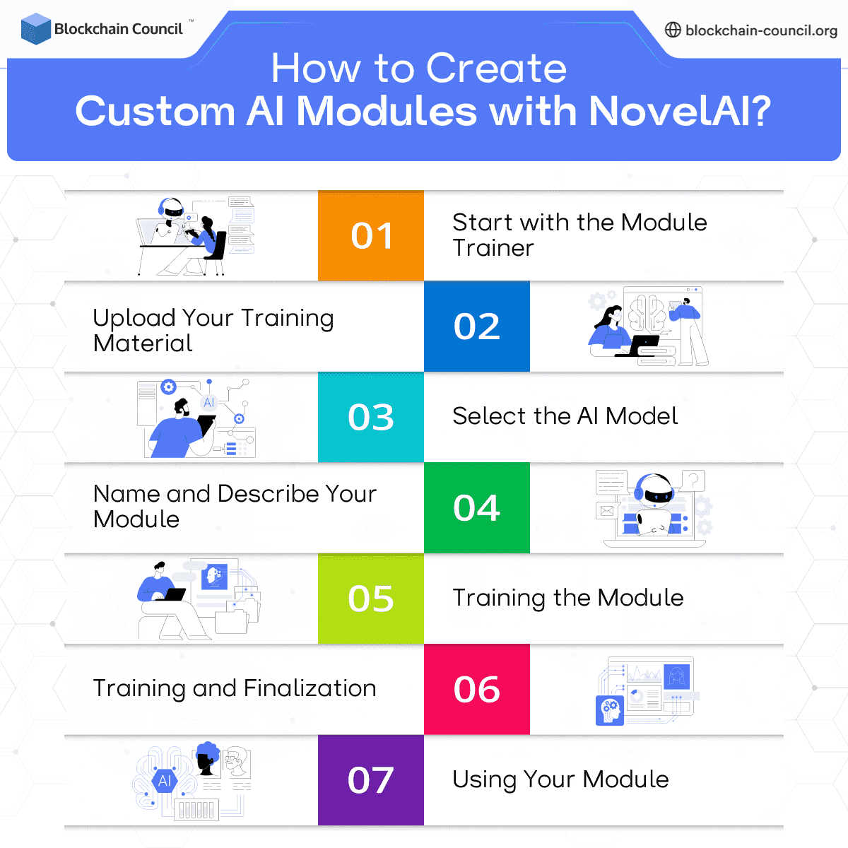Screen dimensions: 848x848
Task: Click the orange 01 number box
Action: click(371, 235)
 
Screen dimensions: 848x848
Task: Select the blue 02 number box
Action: click(477, 326)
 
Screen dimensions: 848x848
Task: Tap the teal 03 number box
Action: click(371, 417)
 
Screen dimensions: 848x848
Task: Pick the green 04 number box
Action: click(477, 507)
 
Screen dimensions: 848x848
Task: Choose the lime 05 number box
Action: click(371, 599)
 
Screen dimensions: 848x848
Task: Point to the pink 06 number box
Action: click(477, 689)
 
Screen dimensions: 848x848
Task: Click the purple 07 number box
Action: click(371, 780)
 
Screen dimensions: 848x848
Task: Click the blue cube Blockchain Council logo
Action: click(35, 29)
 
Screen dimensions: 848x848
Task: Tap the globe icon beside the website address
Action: click(673, 30)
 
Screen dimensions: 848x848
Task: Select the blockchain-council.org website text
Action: click(761, 30)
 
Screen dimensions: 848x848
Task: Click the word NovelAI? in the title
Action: click(679, 112)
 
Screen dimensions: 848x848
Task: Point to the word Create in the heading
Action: click(496, 69)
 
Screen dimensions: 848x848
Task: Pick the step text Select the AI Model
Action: click(565, 416)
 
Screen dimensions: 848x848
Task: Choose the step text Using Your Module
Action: click(560, 779)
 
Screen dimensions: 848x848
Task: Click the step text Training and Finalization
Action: click(234, 688)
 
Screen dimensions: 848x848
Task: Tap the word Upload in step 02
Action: click(134, 319)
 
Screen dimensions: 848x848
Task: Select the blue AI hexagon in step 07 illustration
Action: click(165, 781)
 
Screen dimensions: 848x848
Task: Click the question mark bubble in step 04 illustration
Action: click(693, 481)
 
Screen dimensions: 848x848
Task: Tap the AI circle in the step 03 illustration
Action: click(208, 403)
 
